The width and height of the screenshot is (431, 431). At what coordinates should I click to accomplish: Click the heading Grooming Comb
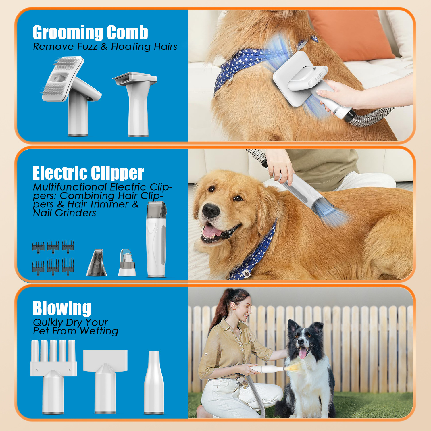(90, 32)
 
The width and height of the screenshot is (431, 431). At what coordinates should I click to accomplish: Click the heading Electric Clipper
(88, 173)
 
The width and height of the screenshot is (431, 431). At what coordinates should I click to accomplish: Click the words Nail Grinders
(64, 213)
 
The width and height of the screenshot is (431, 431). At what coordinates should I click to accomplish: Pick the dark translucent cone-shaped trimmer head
(97, 263)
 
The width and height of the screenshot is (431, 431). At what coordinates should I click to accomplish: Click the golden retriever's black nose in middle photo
(211, 211)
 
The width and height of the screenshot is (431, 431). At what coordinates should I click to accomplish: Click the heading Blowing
(62, 308)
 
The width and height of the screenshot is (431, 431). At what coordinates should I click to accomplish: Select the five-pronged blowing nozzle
(53, 374)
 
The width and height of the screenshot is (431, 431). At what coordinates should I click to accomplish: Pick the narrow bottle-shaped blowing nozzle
(154, 382)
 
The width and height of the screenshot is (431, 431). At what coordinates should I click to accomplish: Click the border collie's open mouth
(303, 352)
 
